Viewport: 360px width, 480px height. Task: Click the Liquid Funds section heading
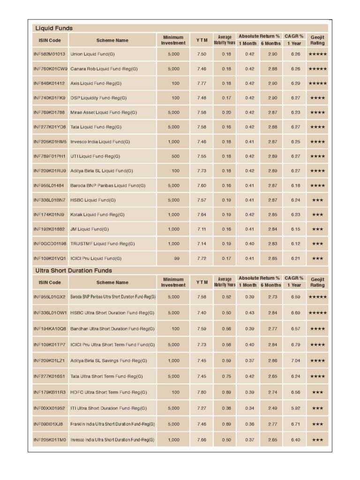tap(54, 28)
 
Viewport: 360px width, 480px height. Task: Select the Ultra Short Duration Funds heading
tap(74, 270)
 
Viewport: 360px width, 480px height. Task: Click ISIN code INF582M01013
tap(50, 54)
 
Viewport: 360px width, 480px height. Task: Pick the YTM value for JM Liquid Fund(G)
tap(202, 229)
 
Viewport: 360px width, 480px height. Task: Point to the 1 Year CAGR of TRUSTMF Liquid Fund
tap(295, 244)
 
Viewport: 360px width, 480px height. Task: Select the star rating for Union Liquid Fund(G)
tap(317, 54)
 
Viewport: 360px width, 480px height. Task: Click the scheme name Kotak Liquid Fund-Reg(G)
tap(97, 215)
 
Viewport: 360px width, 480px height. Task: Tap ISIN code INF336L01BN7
tap(50, 200)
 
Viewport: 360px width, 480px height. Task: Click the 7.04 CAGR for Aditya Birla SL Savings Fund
tap(295, 360)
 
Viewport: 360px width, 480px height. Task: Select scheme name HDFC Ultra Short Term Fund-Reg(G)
tap(108, 392)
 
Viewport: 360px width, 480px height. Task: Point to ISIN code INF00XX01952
tap(50, 408)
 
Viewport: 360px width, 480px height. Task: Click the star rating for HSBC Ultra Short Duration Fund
tap(317, 313)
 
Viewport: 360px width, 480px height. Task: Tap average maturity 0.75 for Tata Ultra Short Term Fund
tap(226, 376)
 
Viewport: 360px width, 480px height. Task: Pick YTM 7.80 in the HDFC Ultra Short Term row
tap(202, 392)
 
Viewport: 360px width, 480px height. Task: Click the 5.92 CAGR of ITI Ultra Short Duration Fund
tap(295, 408)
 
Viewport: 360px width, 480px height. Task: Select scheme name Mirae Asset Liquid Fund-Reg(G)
tap(103, 112)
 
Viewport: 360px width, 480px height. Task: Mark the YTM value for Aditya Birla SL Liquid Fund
tap(202, 171)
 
